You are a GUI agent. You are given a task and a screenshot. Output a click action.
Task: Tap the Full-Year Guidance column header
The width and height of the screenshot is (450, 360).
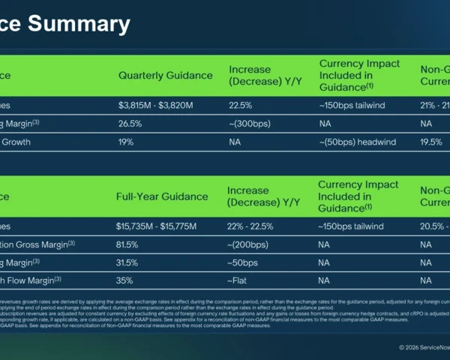(161, 196)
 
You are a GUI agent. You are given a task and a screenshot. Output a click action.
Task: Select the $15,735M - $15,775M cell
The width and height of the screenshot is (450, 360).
(160, 226)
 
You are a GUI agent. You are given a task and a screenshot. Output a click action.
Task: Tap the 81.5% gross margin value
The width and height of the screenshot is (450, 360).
(127, 244)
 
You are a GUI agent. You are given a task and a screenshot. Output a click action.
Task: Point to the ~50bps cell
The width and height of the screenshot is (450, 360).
(242, 262)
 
